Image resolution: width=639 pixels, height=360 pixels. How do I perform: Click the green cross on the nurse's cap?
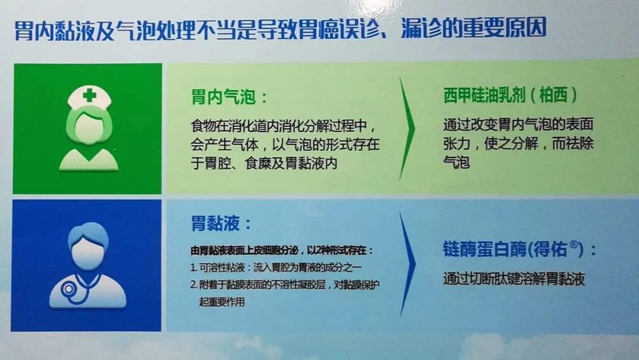[89, 96]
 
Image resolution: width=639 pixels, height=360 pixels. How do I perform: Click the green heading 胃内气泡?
[223, 98]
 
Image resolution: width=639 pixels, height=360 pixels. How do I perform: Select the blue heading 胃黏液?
[215, 224]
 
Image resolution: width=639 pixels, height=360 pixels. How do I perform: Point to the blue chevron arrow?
[408, 263]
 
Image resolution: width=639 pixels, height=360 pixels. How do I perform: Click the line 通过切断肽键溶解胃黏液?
[514, 279]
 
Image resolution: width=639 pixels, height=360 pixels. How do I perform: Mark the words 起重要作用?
[222, 302]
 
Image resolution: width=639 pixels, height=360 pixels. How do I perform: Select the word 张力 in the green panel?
[457, 143]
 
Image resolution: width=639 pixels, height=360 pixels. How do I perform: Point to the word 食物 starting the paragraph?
[204, 126]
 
